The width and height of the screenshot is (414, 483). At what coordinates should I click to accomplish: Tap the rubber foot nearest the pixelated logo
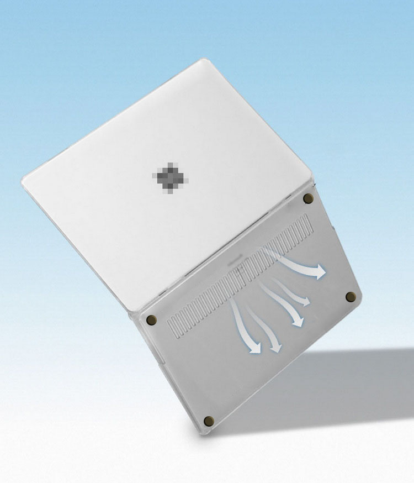click(x=309, y=198)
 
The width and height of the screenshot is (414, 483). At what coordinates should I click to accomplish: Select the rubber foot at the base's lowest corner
click(x=208, y=421)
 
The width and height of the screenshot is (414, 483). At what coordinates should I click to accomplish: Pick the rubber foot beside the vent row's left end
click(x=151, y=320)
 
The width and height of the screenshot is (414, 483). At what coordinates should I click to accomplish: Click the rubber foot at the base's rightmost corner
click(x=350, y=297)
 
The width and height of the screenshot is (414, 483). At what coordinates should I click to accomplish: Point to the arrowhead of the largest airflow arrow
click(x=319, y=272)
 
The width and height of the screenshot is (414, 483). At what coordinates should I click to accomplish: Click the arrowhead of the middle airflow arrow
click(x=297, y=321)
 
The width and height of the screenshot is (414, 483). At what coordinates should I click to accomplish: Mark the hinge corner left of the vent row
click(x=132, y=314)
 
